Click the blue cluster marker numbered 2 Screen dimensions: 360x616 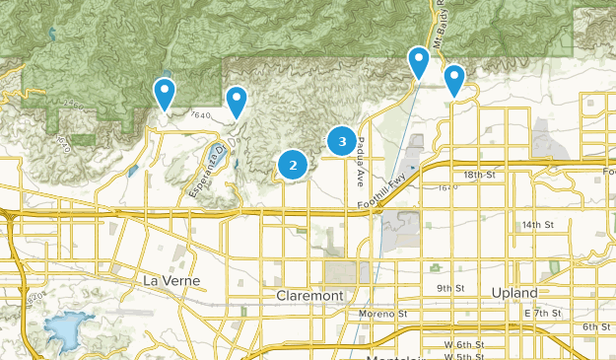pos(293,165)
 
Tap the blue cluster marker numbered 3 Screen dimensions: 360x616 pos(342,142)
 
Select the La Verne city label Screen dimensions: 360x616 pos(171,281)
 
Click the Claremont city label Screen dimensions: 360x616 pos(309,296)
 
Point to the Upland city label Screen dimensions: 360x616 pos(515,293)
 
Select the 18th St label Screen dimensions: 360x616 pos(479,175)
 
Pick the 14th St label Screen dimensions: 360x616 pos(538,225)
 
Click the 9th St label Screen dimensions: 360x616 pos(450,288)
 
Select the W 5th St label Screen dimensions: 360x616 pos(463,357)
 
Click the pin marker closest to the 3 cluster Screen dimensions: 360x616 pos(419,63)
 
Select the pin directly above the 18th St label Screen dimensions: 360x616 pos(454,80)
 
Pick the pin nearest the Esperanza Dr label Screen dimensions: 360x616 pos(237,102)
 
